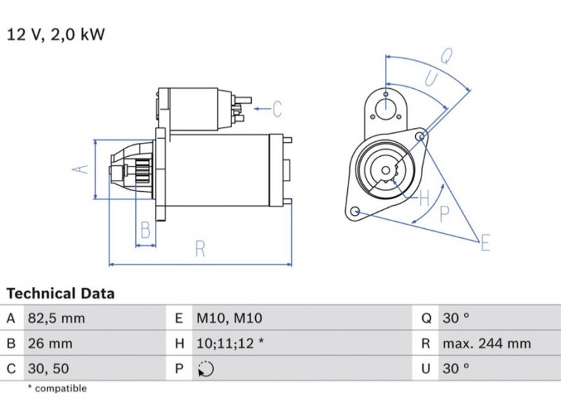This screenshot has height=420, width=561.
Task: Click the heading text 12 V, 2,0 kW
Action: [x=55, y=34]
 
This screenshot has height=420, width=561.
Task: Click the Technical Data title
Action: [x=60, y=293]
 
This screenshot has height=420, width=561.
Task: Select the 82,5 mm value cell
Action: [x=55, y=318]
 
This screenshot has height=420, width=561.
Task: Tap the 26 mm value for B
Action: [x=49, y=344]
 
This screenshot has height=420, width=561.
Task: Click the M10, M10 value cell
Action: [x=229, y=318]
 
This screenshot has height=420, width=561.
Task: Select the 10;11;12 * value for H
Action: [x=229, y=344]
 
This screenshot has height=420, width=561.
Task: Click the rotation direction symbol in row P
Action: [x=205, y=369]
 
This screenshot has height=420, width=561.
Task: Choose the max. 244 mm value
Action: [x=486, y=344]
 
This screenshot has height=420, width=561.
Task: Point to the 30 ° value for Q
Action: [x=456, y=318]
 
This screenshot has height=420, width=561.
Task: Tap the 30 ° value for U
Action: [x=456, y=368]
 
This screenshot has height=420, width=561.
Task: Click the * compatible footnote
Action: [x=57, y=388]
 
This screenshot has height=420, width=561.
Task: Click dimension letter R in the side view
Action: [x=200, y=248]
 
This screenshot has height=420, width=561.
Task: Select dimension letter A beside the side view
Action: [x=81, y=169]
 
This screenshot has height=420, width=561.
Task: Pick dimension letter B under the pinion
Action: [x=145, y=230]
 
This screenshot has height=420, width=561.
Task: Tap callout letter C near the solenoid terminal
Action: [x=277, y=109]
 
